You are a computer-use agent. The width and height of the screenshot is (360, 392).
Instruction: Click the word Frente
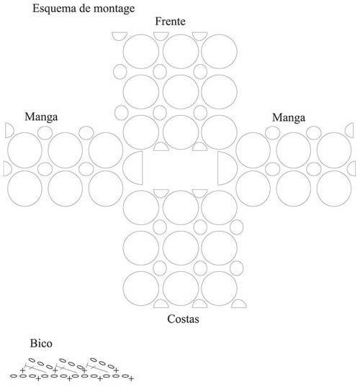[170, 22]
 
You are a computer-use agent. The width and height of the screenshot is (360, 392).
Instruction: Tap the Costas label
[183, 319]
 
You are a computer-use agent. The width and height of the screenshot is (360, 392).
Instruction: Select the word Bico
[41, 343]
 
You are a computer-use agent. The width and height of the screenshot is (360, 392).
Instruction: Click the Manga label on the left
[41, 117]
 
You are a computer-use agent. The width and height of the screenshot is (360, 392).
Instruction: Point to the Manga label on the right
[289, 118]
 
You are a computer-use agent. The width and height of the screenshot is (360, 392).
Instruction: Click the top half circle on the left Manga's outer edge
[6, 130]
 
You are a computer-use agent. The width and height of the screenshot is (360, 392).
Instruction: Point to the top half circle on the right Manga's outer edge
[354, 130]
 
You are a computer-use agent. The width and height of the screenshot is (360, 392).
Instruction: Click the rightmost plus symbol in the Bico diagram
[131, 379]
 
